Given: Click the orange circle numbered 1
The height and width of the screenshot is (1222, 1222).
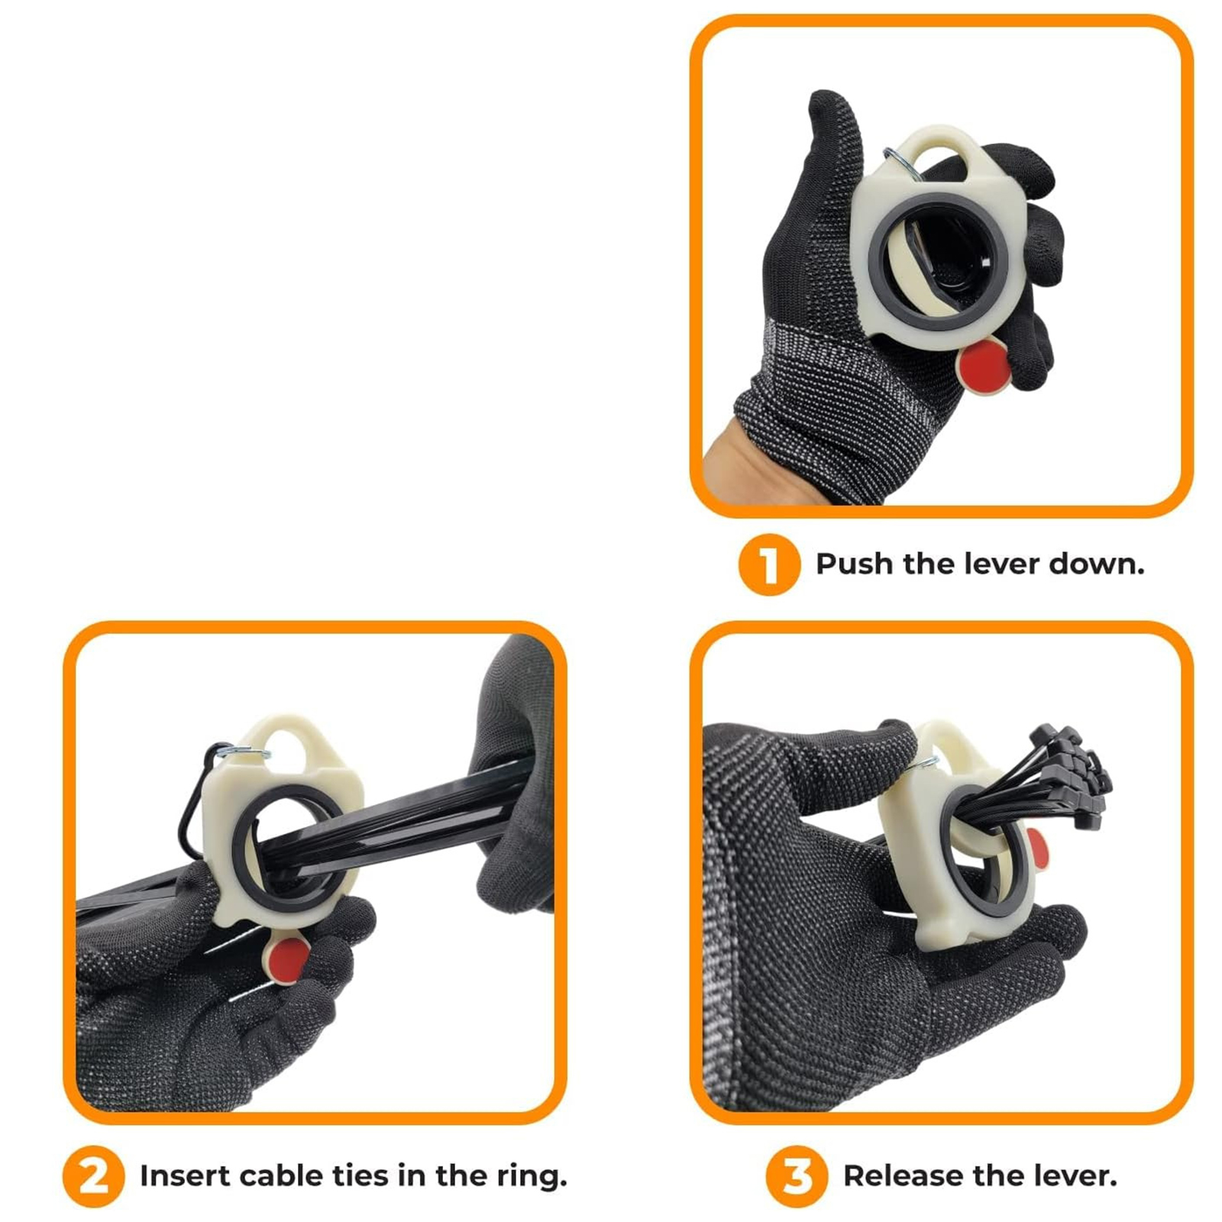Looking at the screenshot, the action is (769, 564).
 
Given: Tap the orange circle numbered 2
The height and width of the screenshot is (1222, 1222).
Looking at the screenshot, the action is (93, 1176).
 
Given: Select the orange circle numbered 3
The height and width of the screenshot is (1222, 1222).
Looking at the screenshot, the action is (797, 1176).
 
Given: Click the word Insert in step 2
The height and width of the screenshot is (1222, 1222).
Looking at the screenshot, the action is (184, 1176).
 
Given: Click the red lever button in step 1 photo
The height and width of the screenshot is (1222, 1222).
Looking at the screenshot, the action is (984, 367).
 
